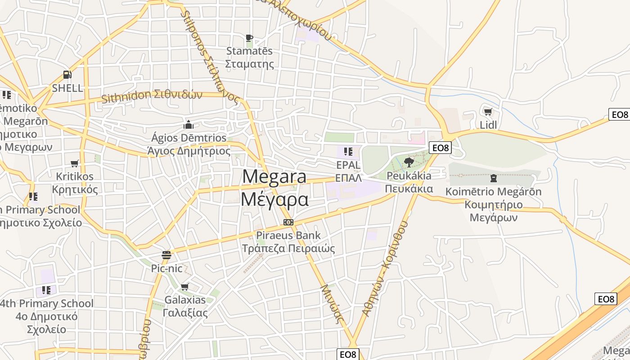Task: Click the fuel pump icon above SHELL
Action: click(x=67, y=75)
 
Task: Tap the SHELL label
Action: click(x=67, y=88)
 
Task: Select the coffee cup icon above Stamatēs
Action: click(x=249, y=38)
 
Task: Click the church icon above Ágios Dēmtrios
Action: click(x=189, y=124)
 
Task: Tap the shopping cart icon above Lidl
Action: click(x=488, y=112)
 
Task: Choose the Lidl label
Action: click(x=488, y=125)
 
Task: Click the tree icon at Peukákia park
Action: click(x=409, y=162)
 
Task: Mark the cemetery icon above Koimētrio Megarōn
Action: click(x=494, y=178)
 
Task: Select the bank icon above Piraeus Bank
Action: click(x=288, y=222)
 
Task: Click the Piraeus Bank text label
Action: click(x=288, y=235)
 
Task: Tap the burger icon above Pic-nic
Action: click(x=166, y=255)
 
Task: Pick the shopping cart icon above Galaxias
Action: click(x=184, y=287)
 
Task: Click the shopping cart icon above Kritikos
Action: click(x=74, y=164)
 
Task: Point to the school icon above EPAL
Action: click(x=348, y=152)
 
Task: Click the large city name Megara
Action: click(x=274, y=176)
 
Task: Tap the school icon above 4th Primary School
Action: click(x=46, y=290)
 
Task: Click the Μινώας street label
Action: click(x=332, y=304)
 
